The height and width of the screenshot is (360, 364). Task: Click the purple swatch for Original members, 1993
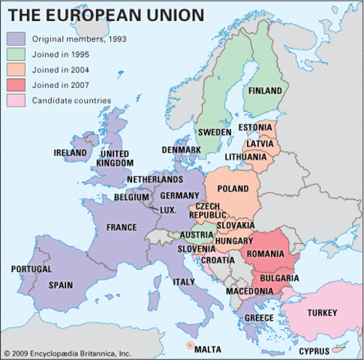(x=17, y=39)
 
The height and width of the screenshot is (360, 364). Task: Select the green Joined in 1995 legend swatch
(x=17, y=54)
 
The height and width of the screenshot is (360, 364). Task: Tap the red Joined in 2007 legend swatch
(x=17, y=85)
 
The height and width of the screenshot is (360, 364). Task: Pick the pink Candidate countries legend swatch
(x=17, y=100)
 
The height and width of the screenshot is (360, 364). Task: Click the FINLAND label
(x=265, y=91)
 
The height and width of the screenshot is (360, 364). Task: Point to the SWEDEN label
(x=215, y=132)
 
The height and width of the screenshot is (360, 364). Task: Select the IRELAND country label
(x=71, y=152)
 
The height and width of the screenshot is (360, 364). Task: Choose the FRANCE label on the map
(x=121, y=227)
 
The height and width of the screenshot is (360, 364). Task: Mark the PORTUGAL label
(x=31, y=268)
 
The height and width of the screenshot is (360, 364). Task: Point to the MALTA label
(x=208, y=349)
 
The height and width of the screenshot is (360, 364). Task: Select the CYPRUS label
(x=314, y=350)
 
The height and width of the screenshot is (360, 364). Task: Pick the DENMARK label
(x=182, y=150)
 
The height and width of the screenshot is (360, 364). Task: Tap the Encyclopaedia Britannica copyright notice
(x=67, y=352)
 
